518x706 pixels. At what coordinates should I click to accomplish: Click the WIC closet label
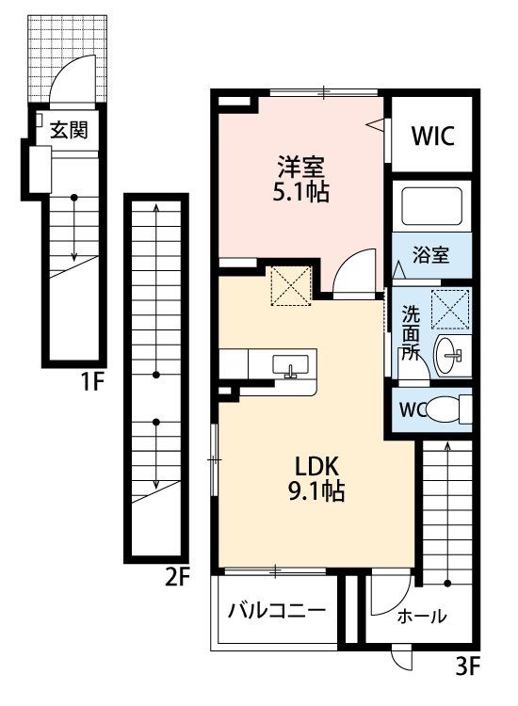[432, 136]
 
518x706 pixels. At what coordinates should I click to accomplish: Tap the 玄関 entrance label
[68, 130]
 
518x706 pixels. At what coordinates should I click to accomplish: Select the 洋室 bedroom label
[300, 167]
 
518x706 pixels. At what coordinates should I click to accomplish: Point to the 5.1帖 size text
[300, 192]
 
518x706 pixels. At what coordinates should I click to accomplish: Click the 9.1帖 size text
[316, 491]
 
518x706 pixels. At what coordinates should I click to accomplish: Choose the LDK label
[316, 467]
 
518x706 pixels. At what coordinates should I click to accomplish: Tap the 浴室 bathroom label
[430, 255]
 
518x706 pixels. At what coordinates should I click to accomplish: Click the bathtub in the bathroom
[431, 206]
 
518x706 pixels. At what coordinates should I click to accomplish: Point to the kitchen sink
[290, 365]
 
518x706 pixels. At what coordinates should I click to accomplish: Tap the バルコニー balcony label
[276, 611]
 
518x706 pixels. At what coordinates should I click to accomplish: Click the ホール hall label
[422, 616]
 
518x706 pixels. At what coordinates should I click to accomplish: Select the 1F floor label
[91, 383]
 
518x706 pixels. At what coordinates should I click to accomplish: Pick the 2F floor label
[177, 578]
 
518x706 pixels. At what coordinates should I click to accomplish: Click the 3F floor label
[468, 666]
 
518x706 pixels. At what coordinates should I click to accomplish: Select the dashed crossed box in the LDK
[291, 286]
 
